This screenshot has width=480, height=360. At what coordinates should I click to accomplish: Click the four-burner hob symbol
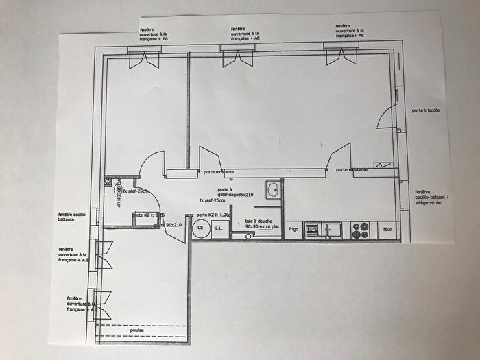[361, 230]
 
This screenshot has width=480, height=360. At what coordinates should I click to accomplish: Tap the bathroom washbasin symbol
[273, 190]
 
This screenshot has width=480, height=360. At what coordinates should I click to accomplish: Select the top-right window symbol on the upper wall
[341, 55]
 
